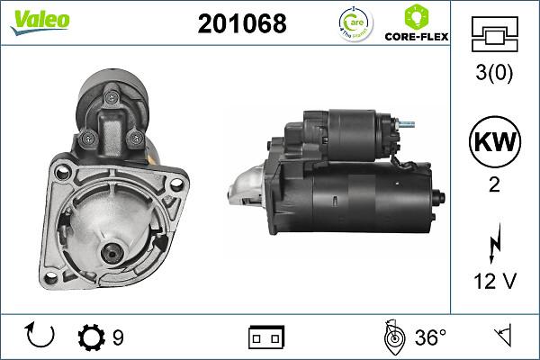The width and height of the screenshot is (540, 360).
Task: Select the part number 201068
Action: [x=241, y=24]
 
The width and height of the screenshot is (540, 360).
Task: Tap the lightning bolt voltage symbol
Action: [x=493, y=241]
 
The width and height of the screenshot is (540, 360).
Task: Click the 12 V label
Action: [x=493, y=283]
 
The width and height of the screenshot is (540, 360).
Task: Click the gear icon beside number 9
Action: [x=92, y=337]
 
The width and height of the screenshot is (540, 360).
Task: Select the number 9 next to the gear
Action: [x=118, y=338]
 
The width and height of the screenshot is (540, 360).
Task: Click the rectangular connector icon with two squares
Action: [x=266, y=337]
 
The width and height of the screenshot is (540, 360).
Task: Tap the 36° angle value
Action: [x=430, y=337]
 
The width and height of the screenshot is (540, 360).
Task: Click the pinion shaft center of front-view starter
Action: [x=112, y=253]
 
